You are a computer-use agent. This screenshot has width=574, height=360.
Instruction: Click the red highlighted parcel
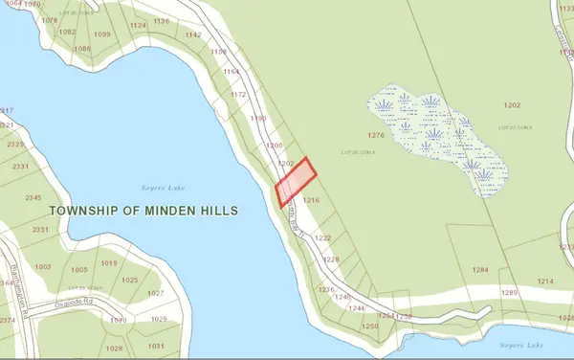tap(296, 182)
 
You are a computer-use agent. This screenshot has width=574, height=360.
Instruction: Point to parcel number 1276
tap(375, 136)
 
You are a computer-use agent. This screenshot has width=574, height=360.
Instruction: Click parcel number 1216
tap(310, 201)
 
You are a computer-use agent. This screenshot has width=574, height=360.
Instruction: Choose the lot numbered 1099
tap(102, 34)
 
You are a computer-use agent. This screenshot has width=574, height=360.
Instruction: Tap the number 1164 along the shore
tap(231, 72)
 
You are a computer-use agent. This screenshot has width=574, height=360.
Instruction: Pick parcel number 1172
tap(238, 95)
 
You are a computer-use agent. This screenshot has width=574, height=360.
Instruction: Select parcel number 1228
tap(331, 259)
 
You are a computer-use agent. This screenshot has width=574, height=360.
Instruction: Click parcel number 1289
tap(509, 291)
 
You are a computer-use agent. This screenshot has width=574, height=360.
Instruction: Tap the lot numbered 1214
tap(545, 281)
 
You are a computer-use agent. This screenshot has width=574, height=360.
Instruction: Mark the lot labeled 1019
tap(108, 263)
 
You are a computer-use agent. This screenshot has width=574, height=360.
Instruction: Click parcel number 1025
tap(130, 280)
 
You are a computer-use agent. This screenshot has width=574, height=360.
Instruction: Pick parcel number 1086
tap(82, 49)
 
